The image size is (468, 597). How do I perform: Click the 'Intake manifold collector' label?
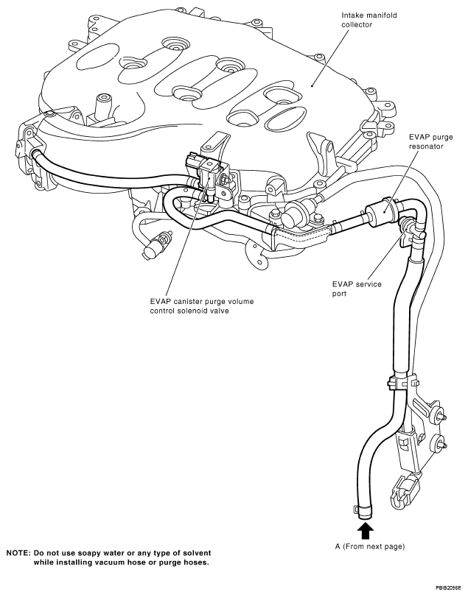(363, 20)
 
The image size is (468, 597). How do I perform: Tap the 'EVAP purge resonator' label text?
(430, 141)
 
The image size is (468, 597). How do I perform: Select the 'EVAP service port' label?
(357, 289)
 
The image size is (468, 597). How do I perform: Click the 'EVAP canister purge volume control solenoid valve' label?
(202, 306)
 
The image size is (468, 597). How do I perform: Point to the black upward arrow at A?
(365, 530)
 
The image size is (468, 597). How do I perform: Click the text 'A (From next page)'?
(370, 547)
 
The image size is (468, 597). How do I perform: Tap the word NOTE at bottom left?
(18, 553)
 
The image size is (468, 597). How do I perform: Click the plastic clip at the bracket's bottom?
(404, 493)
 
